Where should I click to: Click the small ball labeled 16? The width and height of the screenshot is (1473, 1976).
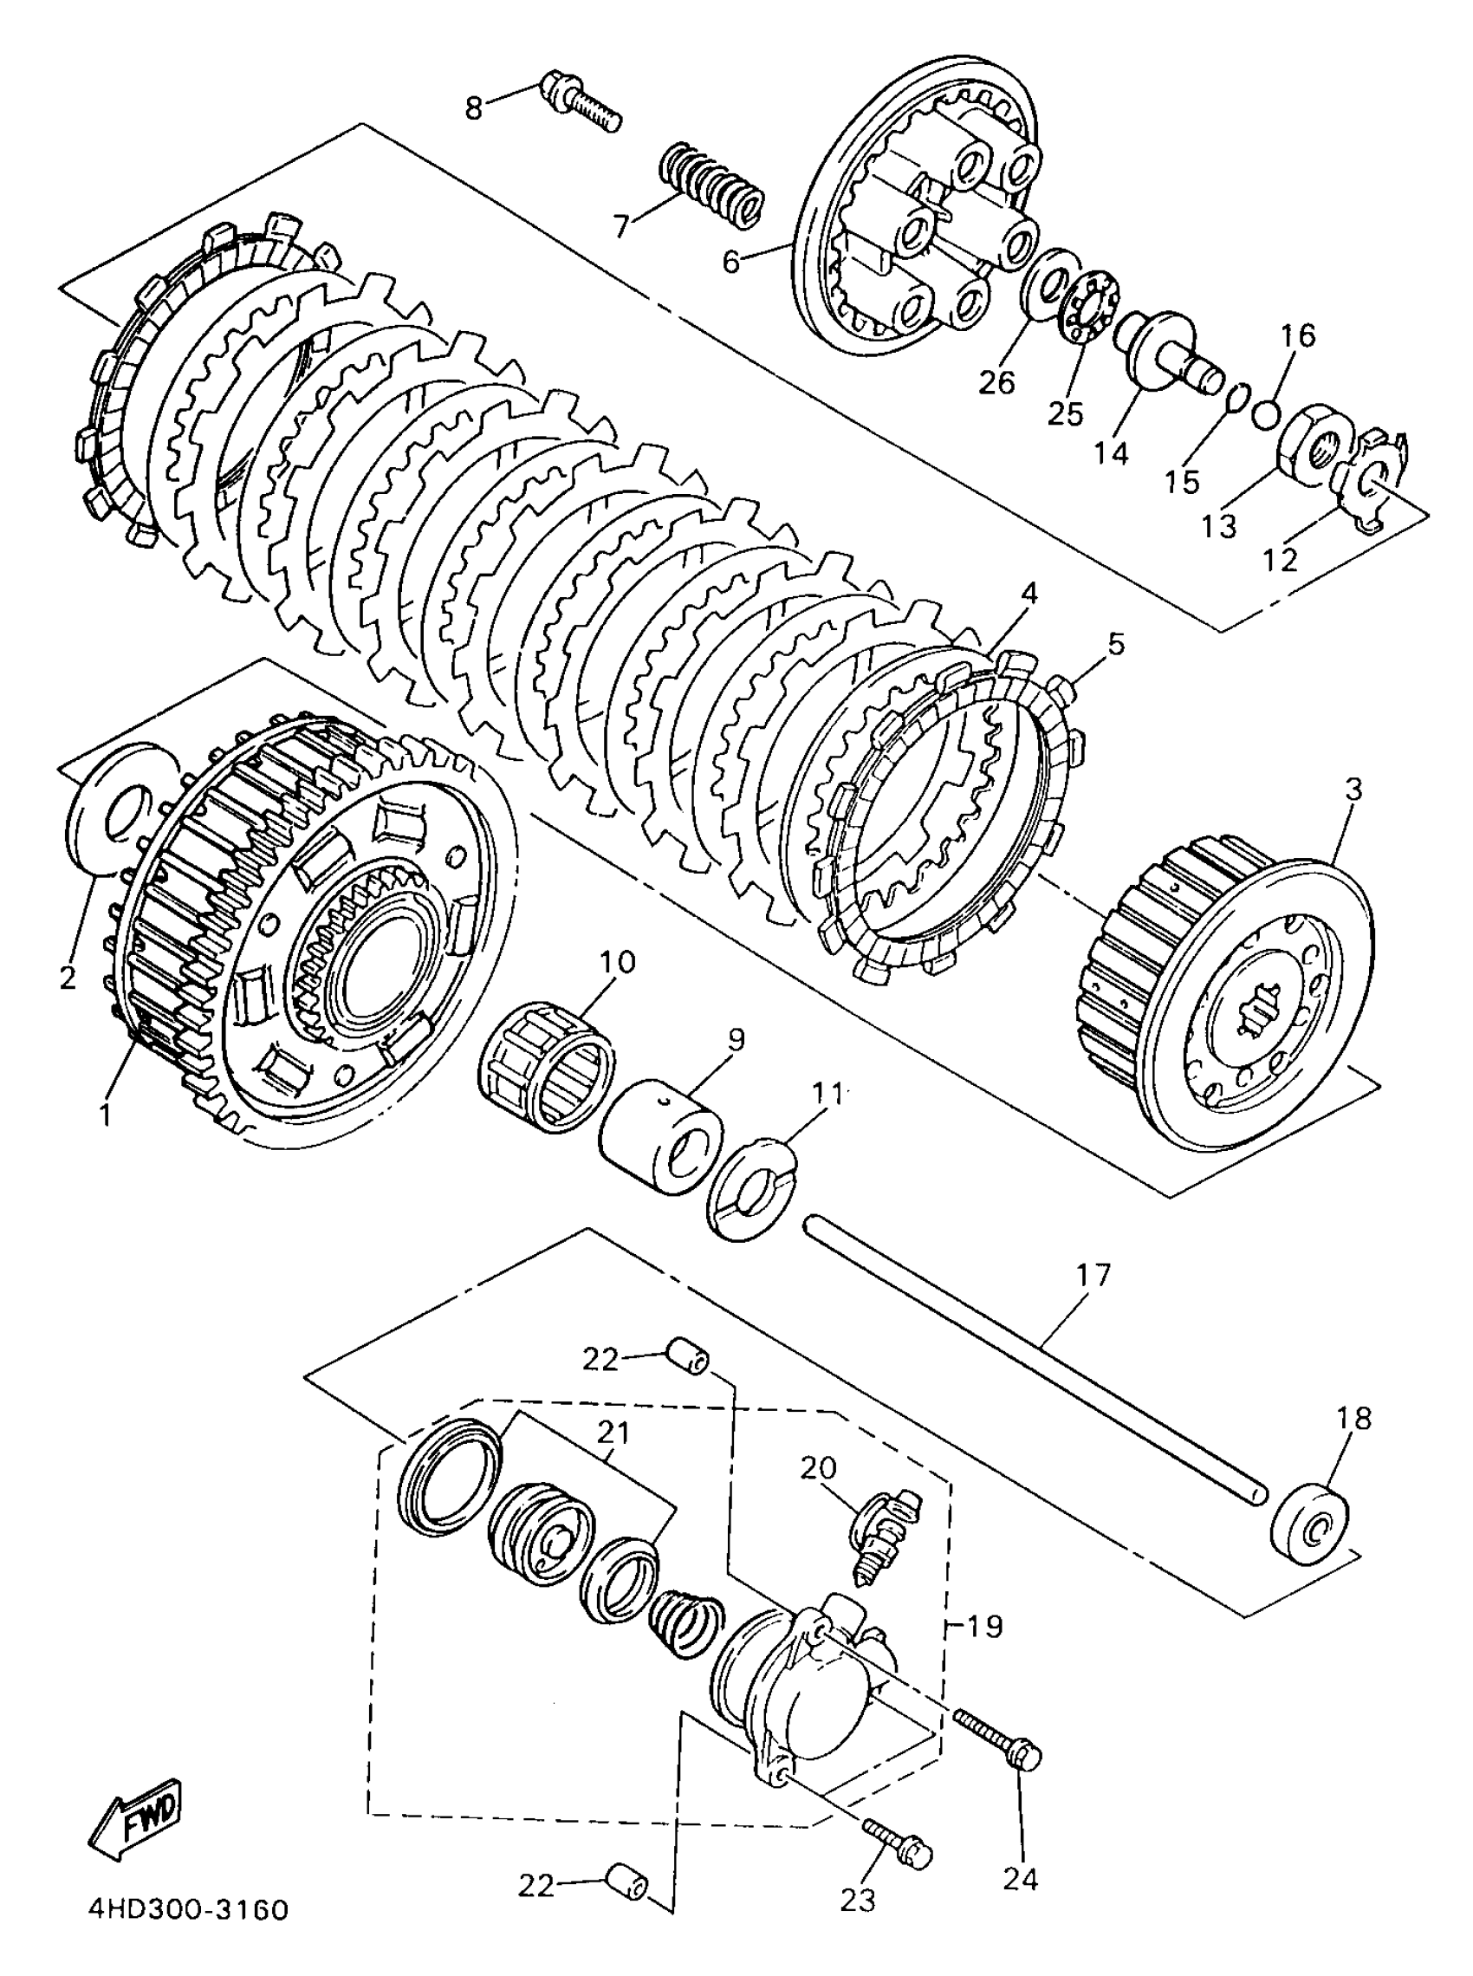click(1267, 413)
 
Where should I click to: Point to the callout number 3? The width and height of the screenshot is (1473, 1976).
click(1353, 790)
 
